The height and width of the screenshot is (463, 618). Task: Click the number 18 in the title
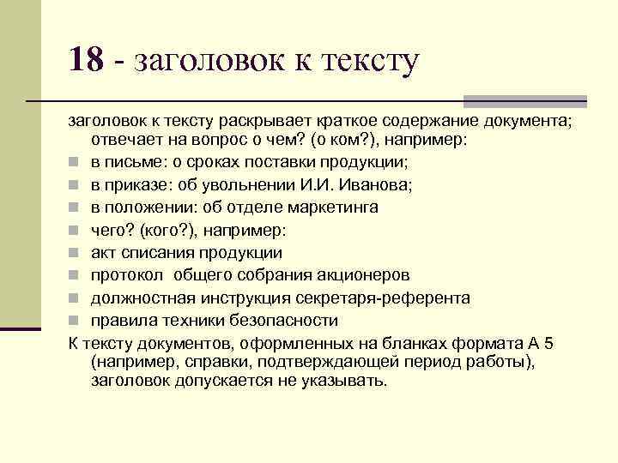pos(87,59)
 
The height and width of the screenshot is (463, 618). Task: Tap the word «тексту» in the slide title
pos(369,61)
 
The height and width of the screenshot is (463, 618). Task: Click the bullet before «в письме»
pos(76,163)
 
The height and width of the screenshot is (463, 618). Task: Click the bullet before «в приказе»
pos(76,185)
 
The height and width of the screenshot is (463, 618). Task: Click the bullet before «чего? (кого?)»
pos(76,231)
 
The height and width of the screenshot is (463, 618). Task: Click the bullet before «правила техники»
pos(76,321)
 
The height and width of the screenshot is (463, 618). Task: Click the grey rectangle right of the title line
pos(524,100)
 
